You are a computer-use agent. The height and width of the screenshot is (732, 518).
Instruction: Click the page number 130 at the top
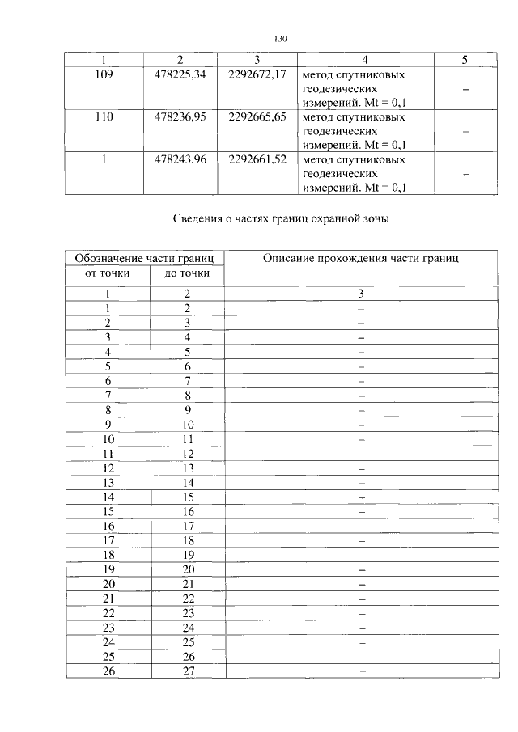point(281,38)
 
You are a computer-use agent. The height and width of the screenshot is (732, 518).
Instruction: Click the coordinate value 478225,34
point(180,75)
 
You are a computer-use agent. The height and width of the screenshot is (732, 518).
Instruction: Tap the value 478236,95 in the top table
point(180,117)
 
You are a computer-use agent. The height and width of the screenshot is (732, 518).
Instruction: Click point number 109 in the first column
point(104,75)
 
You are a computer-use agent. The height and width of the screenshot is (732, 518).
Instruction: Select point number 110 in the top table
point(104,117)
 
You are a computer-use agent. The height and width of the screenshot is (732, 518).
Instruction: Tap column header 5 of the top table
point(464,60)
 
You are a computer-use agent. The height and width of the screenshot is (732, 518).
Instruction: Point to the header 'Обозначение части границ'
point(144,258)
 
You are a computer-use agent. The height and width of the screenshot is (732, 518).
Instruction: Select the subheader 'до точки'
point(187,274)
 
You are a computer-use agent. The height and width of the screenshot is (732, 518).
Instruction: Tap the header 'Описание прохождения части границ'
point(361,258)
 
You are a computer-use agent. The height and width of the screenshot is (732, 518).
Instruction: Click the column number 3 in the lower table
point(362,294)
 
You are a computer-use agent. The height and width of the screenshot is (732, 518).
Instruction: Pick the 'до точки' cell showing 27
point(187,671)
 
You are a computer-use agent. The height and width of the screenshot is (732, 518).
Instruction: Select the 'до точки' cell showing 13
point(187,468)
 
